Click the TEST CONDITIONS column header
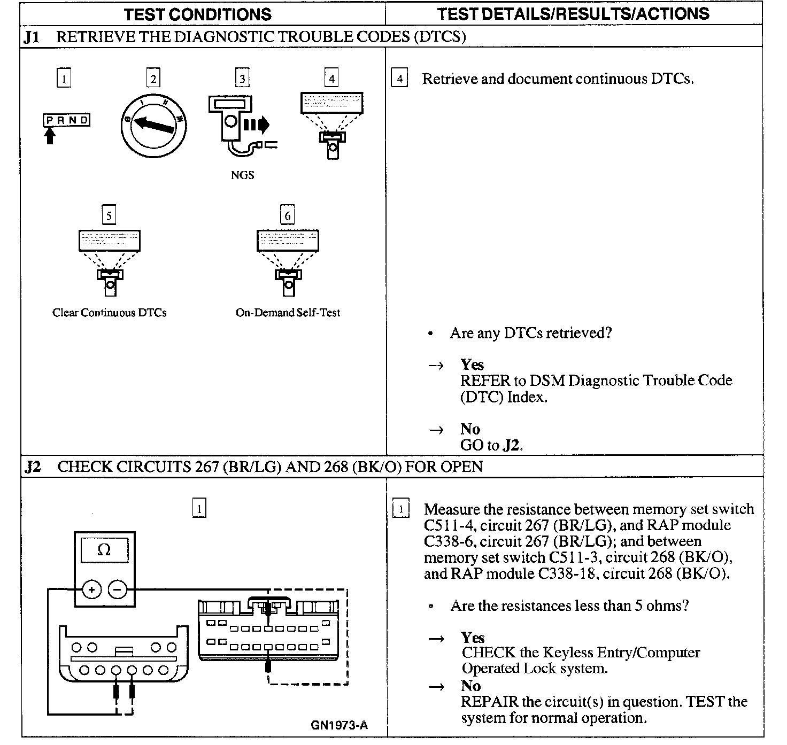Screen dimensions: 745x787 (x=198, y=14)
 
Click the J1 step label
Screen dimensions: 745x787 (x=32, y=37)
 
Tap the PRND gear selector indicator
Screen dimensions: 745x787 (x=66, y=120)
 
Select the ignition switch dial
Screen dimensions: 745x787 (x=153, y=124)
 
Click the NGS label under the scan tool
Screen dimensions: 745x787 (x=242, y=175)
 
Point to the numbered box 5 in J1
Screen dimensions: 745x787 (x=109, y=215)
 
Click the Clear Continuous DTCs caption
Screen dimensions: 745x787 (x=110, y=313)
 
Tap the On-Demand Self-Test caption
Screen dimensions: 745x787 (x=288, y=313)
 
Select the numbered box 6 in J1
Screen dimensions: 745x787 (x=288, y=215)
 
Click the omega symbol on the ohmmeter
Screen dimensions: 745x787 (x=104, y=550)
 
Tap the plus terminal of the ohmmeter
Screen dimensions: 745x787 (x=92, y=589)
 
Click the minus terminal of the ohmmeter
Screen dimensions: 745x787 (x=118, y=589)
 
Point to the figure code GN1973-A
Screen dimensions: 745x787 (x=339, y=725)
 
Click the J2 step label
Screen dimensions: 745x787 (x=33, y=467)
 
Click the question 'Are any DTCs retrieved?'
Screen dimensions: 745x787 (x=531, y=333)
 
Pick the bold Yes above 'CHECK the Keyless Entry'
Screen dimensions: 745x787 (x=473, y=637)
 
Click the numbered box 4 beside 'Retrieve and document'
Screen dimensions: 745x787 (x=399, y=79)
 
